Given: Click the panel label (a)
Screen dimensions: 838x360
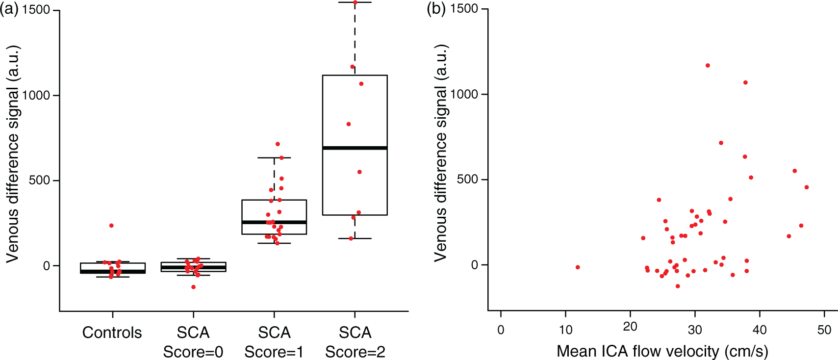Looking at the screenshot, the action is [9, 9].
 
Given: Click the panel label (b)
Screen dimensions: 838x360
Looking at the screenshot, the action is [436, 9].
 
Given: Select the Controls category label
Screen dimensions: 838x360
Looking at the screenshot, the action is [112, 333].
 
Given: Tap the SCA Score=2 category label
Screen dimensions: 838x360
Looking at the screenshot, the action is [355, 342].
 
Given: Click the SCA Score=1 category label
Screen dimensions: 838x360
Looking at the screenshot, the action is [274, 342].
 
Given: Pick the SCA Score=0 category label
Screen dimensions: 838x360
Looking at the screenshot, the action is [193, 342].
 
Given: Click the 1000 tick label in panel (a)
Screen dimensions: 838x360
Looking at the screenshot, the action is [36, 96].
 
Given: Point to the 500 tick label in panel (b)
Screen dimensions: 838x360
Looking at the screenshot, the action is [468, 179].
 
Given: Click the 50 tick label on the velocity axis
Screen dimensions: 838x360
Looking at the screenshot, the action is [825, 330].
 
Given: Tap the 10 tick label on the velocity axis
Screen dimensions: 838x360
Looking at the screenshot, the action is [566, 330].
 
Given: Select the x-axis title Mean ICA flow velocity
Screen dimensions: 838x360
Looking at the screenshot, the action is [662, 351].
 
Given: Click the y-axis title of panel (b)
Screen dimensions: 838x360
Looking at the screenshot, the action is [440, 153].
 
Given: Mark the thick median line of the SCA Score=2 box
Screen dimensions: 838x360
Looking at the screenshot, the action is [355, 148].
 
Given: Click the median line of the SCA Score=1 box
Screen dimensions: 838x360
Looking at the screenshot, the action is [274, 222].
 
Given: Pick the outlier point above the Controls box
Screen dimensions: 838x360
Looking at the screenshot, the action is [111, 226].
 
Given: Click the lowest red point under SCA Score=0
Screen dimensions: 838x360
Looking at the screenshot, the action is [193, 287].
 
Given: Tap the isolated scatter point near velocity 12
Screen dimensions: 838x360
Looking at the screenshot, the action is [578, 267].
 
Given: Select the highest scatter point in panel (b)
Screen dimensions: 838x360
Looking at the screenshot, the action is [708, 66].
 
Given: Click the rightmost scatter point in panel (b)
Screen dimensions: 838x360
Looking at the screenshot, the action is [807, 187].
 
